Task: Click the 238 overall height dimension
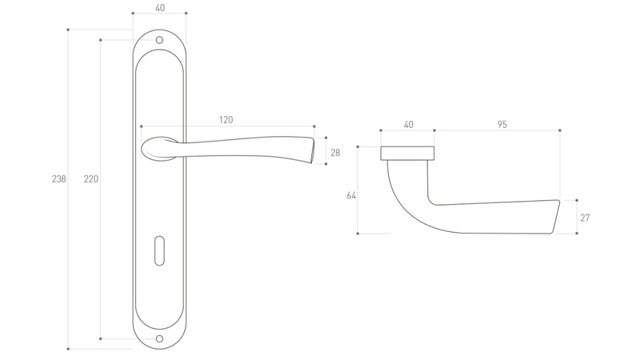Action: pyautogui.click(x=58, y=178)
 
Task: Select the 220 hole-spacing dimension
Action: pyautogui.click(x=91, y=178)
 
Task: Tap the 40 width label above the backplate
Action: pyautogui.click(x=160, y=8)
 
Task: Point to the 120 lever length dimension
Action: pyautogui.click(x=226, y=119)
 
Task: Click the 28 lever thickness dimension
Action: pyautogui.click(x=335, y=153)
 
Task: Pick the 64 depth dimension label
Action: pyautogui.click(x=351, y=195)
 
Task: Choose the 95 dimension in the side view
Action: pyautogui.click(x=502, y=125)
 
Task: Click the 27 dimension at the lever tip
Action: pyautogui.click(x=585, y=218)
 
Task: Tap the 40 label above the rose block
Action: pyautogui.click(x=408, y=125)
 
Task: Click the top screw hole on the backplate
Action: pyautogui.click(x=159, y=40)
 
